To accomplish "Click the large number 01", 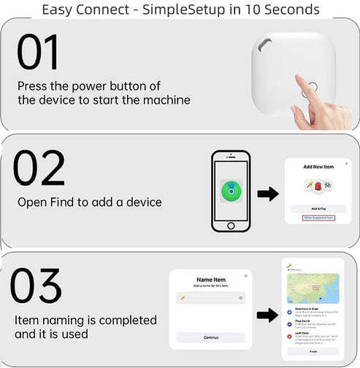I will point(38,53).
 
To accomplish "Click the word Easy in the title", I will point(60,9).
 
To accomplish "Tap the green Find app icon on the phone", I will point(231,191).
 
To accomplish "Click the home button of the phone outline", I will point(231,226).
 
